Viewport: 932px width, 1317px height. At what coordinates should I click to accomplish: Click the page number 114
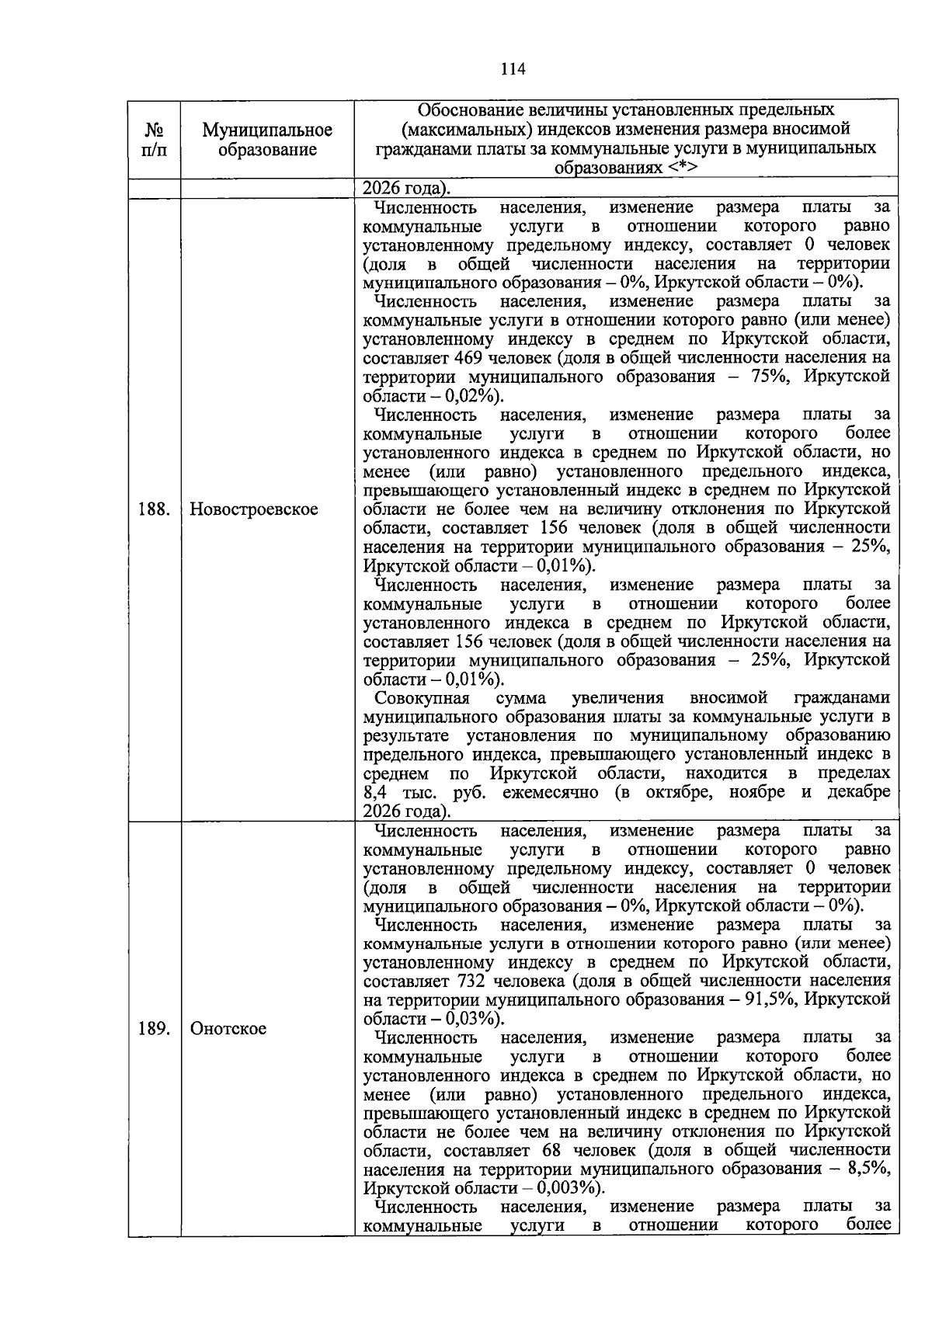pos(513,69)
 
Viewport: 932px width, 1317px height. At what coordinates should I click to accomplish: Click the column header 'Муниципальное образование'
pos(267,140)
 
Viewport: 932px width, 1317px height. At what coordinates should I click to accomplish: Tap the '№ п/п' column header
pos(155,140)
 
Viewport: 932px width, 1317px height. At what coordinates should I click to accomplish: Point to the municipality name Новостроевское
pos(254,509)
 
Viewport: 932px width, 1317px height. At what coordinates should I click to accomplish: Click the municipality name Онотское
pos(228,1028)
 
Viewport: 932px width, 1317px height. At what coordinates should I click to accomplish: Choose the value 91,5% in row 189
pos(770,1000)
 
